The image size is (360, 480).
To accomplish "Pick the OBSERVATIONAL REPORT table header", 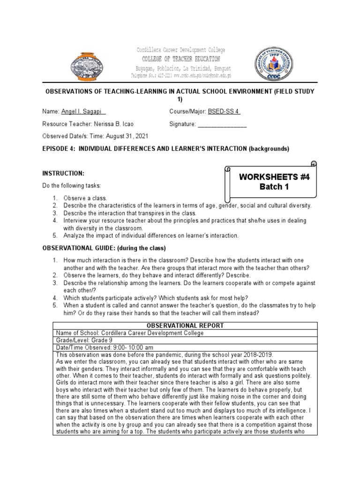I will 185,326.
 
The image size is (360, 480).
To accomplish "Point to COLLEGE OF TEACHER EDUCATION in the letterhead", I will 180,59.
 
